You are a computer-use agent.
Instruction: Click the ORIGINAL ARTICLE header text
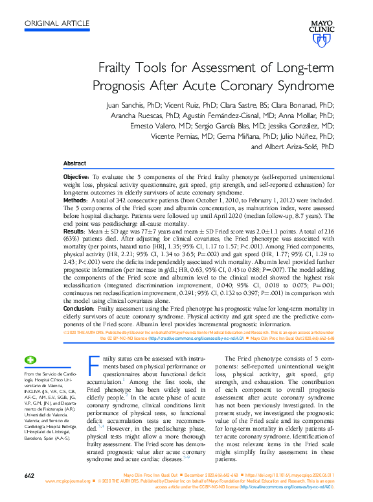(x=57, y=23)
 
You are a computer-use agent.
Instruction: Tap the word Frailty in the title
(x=115, y=67)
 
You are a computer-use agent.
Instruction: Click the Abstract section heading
(x=75, y=163)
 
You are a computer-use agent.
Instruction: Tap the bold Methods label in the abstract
(x=74, y=202)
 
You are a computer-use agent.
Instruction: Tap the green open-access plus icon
(x=30, y=360)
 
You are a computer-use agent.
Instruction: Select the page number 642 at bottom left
(x=29, y=476)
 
